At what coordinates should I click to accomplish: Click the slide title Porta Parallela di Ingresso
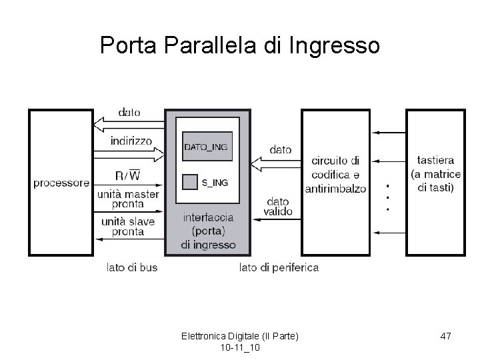click(x=239, y=45)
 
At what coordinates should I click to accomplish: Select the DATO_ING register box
click(x=207, y=147)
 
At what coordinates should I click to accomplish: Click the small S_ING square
click(x=191, y=181)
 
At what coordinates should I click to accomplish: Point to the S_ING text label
click(x=215, y=182)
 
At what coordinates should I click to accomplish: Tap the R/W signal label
click(x=127, y=176)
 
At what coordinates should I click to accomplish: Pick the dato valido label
click(x=278, y=205)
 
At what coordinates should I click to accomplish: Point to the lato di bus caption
click(x=132, y=268)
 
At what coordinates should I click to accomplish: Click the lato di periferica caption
click(x=279, y=268)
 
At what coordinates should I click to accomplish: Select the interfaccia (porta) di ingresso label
click(x=208, y=231)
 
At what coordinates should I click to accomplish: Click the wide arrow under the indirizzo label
click(x=131, y=154)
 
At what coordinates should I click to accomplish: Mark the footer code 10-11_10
click(x=239, y=349)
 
